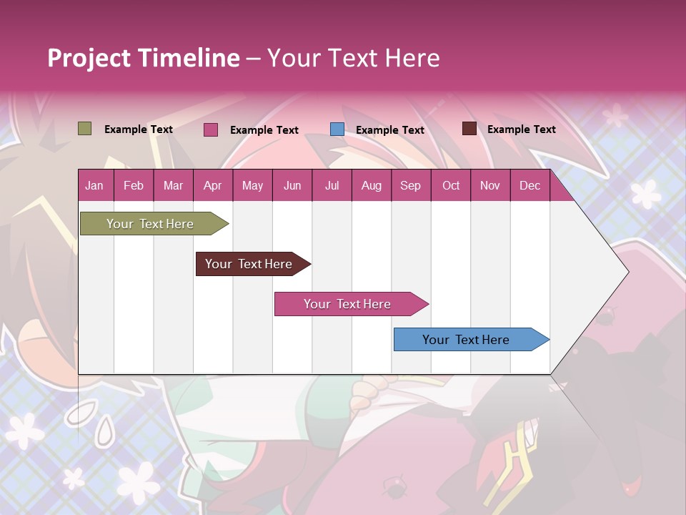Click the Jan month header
94,186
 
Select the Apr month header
212,186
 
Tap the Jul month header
332,186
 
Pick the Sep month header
410,186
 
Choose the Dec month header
530,186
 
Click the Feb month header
134,186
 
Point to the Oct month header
451,186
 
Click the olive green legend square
84,129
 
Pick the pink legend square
211,129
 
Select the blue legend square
337,129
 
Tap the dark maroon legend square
469,129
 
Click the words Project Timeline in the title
143,58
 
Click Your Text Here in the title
353,58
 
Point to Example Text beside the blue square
390,130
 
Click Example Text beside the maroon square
522,129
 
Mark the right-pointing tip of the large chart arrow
627,272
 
